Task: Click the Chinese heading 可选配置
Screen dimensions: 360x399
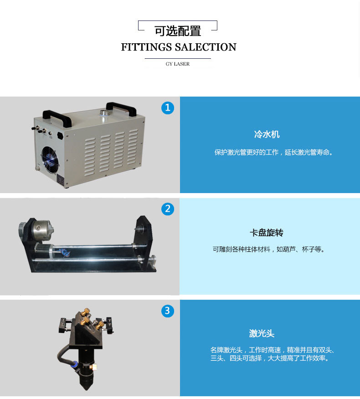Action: click(x=178, y=31)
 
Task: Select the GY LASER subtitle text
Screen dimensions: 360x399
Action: click(x=178, y=64)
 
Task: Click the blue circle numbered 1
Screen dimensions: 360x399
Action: click(x=168, y=108)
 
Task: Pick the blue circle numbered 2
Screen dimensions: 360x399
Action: click(x=168, y=209)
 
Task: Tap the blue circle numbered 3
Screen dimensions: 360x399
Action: click(x=168, y=311)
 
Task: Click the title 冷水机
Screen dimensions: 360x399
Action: click(x=267, y=134)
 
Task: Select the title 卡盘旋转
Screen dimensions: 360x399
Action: click(x=267, y=233)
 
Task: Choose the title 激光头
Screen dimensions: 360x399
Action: click(x=262, y=333)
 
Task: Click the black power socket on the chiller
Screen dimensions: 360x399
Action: click(x=60, y=136)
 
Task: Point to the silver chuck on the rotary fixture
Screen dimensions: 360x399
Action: click(x=43, y=230)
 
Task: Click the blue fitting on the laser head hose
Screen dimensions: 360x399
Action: click(x=75, y=364)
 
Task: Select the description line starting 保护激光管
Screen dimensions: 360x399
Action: click(x=274, y=153)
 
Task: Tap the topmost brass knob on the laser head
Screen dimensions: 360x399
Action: click(x=86, y=312)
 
